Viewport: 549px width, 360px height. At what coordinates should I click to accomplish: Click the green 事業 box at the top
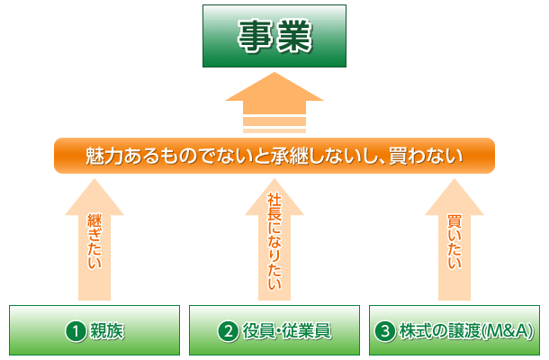point(274,36)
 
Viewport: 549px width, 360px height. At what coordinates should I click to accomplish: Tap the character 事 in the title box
point(256,36)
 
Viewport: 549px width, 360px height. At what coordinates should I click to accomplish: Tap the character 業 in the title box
point(293,36)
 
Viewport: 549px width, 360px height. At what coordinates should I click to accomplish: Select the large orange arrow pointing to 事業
point(274,103)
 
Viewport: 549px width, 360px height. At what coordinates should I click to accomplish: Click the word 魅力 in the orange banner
point(104,156)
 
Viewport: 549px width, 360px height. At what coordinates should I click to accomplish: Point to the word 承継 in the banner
point(289,156)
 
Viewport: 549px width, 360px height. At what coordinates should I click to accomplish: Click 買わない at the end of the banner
point(426,156)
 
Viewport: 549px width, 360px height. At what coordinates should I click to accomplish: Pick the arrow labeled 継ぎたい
point(94,239)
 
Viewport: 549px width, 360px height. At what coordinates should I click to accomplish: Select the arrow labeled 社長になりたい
point(274,239)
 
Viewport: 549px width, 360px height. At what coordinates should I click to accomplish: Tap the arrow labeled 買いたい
point(454,239)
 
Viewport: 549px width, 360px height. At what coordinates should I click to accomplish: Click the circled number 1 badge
point(76,331)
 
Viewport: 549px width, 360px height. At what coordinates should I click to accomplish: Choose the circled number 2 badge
point(229,331)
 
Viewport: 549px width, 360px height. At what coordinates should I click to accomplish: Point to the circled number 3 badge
point(385,331)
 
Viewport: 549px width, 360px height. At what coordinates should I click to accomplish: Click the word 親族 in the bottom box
point(107,331)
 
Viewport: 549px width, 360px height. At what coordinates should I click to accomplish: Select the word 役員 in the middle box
point(259,331)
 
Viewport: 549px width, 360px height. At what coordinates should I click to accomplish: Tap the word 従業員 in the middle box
point(306,331)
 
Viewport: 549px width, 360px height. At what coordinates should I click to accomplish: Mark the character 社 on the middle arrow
point(274,202)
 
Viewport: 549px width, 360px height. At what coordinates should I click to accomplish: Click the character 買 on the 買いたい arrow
point(454,223)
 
